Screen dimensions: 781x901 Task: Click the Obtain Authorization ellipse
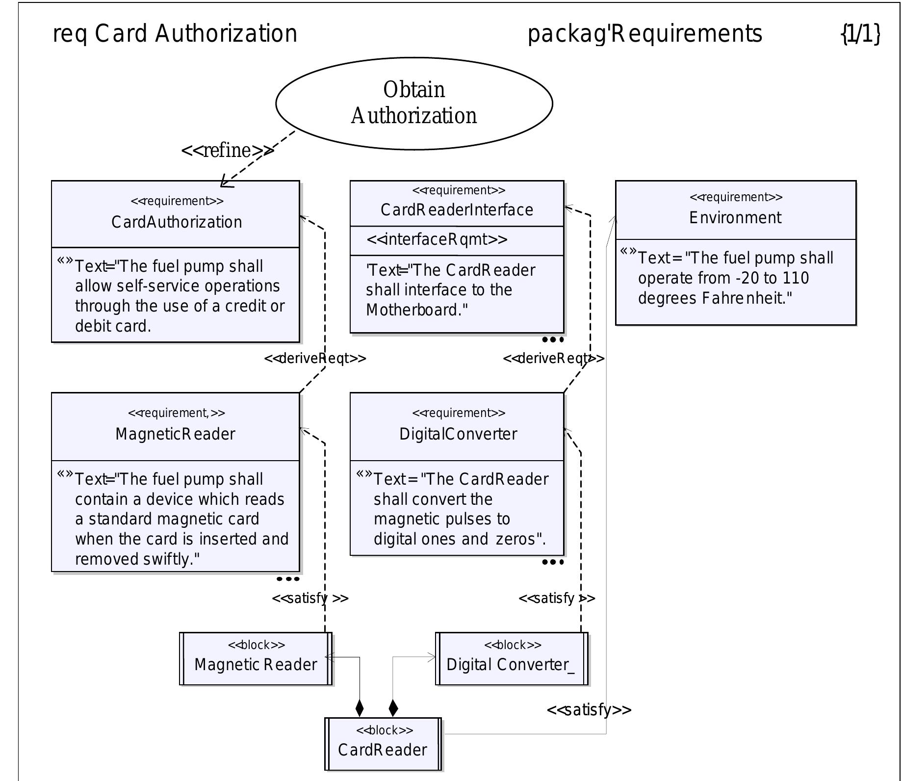pyautogui.click(x=414, y=103)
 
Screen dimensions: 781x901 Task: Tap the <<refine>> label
pyautogui.click(x=227, y=150)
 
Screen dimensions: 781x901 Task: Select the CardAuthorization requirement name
pyautogui.click(x=177, y=222)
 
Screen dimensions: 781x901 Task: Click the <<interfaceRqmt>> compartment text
pyautogui.click(x=437, y=239)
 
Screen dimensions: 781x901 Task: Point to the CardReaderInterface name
pyautogui.click(x=457, y=210)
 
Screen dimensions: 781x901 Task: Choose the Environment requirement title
pyautogui.click(x=735, y=217)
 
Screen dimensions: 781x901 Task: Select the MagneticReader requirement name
pyautogui.click(x=175, y=434)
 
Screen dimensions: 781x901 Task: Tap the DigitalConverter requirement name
pyautogui.click(x=458, y=434)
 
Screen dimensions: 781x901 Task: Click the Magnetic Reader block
pyautogui.click(x=256, y=659)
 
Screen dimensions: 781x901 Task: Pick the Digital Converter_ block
pyautogui.click(x=511, y=659)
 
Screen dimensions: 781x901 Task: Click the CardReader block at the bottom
pyautogui.click(x=383, y=744)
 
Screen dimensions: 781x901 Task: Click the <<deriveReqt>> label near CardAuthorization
pyautogui.click(x=315, y=359)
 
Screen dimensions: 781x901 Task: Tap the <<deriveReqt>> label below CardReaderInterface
pyautogui.click(x=553, y=359)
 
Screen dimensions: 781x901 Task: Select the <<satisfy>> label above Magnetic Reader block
pyautogui.click(x=310, y=599)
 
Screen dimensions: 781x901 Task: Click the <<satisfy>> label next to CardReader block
pyautogui.click(x=589, y=710)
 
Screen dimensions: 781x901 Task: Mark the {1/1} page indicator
pyautogui.click(x=860, y=34)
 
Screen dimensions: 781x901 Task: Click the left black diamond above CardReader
pyautogui.click(x=360, y=708)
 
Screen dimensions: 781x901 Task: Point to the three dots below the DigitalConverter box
pyautogui.click(x=553, y=562)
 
